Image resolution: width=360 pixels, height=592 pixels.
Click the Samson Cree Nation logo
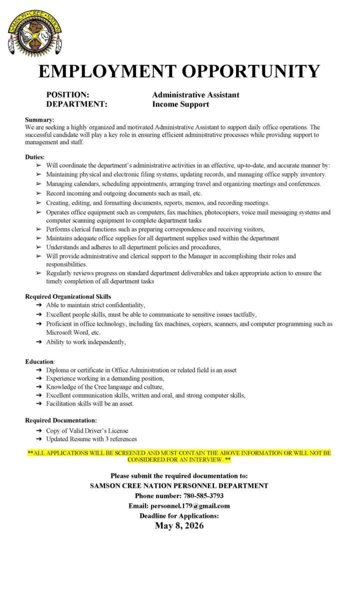click(x=34, y=32)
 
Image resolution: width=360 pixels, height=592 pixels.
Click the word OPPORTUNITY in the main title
click(x=250, y=71)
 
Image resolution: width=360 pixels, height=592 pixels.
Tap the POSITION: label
click(x=67, y=94)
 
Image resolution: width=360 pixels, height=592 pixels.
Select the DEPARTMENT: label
click(x=76, y=104)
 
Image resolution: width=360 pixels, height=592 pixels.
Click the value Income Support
click(x=180, y=104)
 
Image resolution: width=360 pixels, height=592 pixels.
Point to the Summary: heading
click(x=39, y=119)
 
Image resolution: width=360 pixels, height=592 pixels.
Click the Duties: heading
click(x=35, y=157)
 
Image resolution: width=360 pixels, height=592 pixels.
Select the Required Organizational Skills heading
click(x=68, y=297)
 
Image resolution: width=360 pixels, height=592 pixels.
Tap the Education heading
click(x=39, y=361)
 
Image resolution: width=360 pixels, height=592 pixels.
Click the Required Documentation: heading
click(x=61, y=421)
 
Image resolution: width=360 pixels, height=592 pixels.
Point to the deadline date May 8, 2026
click(x=179, y=526)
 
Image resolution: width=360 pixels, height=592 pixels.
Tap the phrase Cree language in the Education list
click(x=109, y=387)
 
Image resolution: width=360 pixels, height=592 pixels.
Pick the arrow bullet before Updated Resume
click(x=39, y=439)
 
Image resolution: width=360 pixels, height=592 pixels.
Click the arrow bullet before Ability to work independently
click(x=39, y=342)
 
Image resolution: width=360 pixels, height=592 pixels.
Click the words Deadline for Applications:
click(x=179, y=516)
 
